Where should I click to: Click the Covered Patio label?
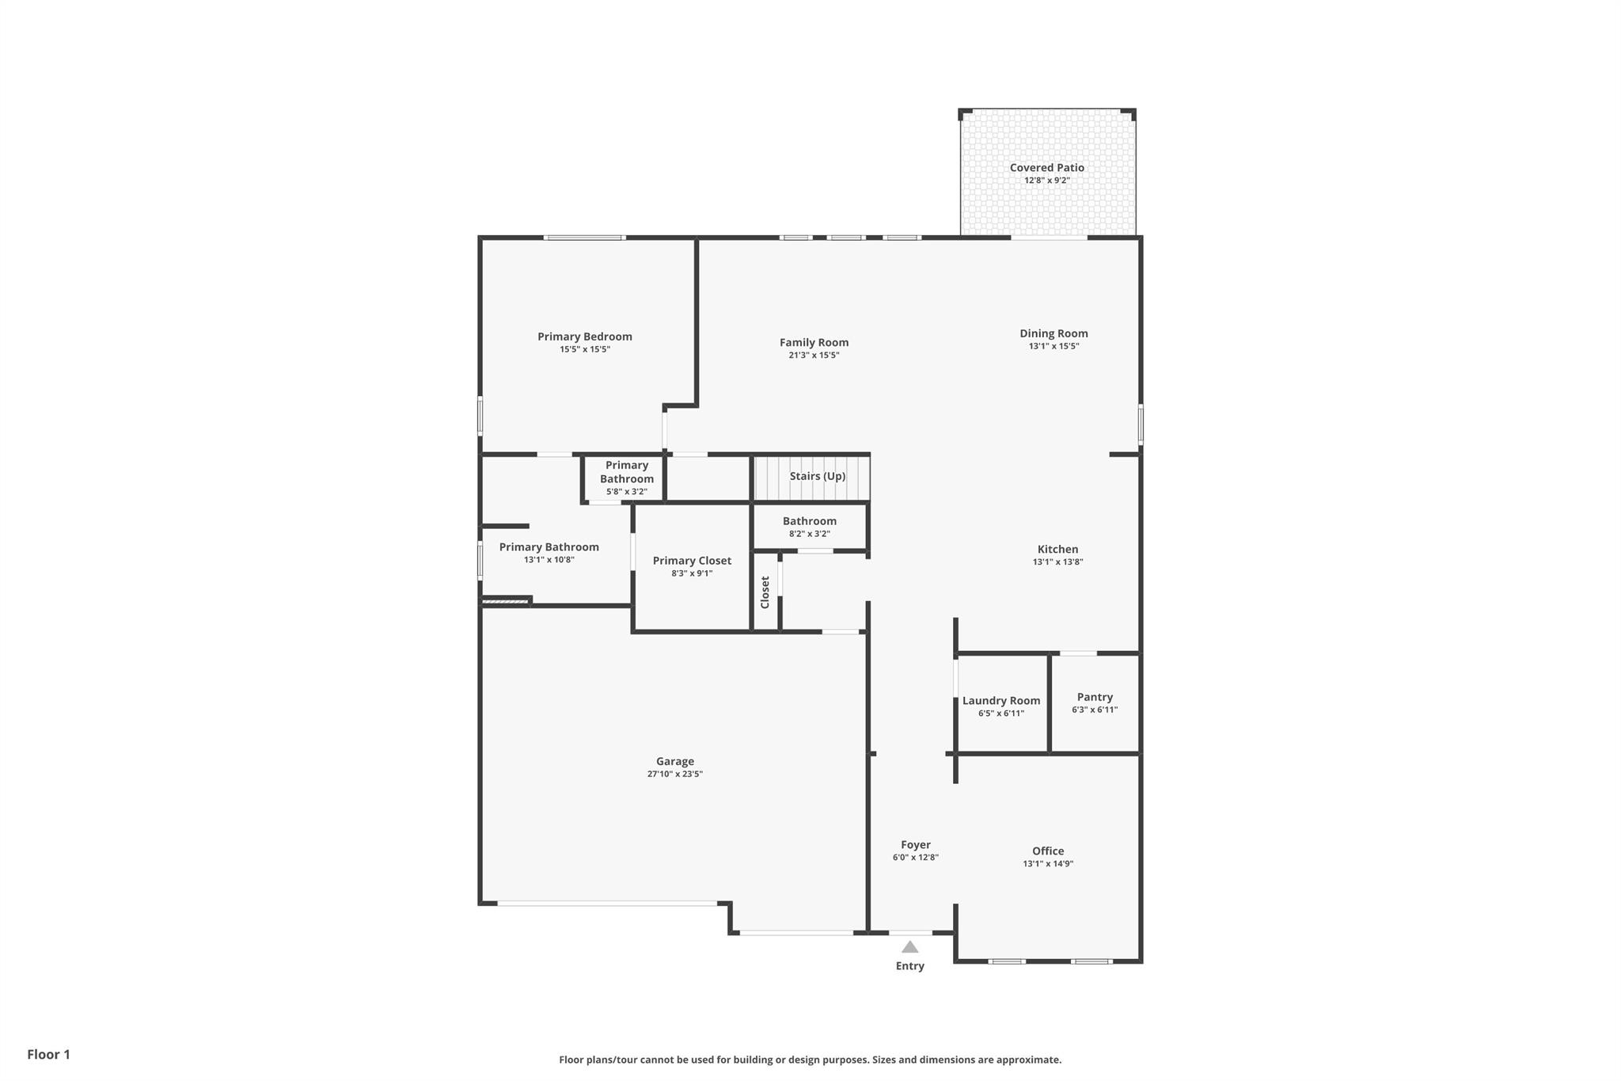coord(1046,168)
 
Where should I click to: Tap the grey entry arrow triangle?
coord(909,947)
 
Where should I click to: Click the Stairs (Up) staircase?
coord(812,478)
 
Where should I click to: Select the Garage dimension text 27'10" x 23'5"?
coord(674,775)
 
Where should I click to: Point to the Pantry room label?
coord(1095,698)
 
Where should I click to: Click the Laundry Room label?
coord(1000,701)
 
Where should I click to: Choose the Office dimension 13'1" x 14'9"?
coord(1047,864)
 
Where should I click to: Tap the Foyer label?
coord(915,845)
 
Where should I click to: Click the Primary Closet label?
coord(692,561)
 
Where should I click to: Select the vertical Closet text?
coord(765,592)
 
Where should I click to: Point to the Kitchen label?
coord(1057,550)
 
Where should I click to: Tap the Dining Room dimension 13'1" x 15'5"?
coord(1053,346)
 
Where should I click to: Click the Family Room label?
coord(814,343)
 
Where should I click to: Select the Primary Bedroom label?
coord(584,337)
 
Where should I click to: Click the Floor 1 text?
coord(48,1054)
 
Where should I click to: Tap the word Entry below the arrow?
coord(909,966)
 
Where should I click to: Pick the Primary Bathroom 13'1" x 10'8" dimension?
coord(549,560)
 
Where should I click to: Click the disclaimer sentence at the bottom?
coord(810,1060)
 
